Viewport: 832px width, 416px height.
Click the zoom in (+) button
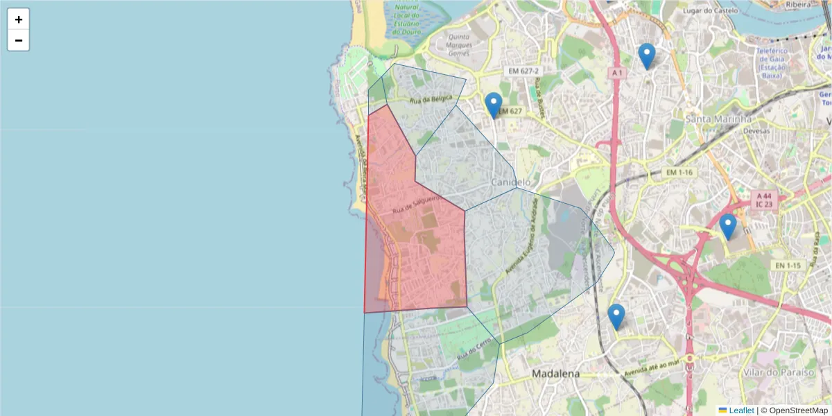tap(19, 19)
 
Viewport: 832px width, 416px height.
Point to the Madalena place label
tap(555, 374)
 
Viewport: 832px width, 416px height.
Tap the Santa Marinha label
tap(718, 119)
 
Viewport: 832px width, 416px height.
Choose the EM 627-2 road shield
tap(523, 71)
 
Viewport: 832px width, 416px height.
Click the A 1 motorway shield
tap(617, 73)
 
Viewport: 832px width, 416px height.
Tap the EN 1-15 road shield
tap(788, 266)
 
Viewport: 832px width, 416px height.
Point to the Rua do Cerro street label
tap(474, 348)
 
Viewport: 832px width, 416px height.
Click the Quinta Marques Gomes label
tap(460, 45)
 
